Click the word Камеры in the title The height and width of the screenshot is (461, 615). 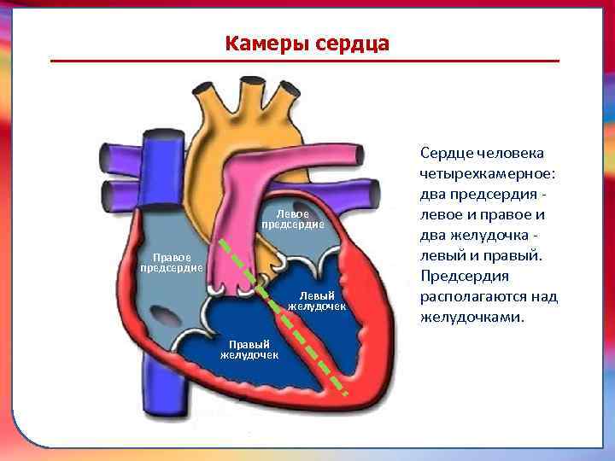262,43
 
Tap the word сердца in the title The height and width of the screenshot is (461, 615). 347,43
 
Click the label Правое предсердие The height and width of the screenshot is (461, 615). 171,262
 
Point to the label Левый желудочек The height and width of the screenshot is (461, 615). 316,301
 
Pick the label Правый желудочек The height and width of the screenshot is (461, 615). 249,349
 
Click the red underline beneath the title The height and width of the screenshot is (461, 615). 305,61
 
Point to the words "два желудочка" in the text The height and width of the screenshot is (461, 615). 475,235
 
